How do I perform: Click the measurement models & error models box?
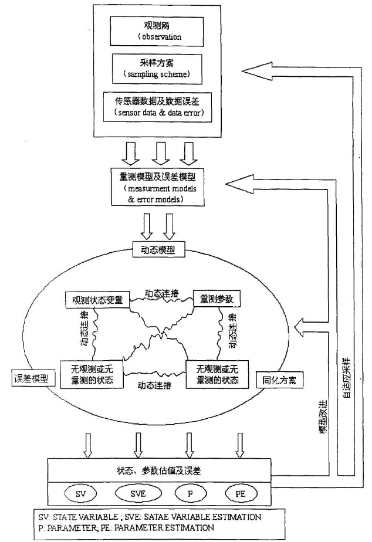tap(157, 187)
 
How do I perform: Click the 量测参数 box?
tap(217, 299)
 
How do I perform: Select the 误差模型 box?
tap(32, 378)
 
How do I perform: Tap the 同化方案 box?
tap(279, 380)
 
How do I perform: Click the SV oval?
tap(81, 494)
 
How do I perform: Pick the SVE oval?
tap(136, 494)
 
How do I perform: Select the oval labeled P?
tap(190, 494)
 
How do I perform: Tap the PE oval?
tap(240, 494)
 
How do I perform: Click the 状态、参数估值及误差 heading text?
tap(158, 470)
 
